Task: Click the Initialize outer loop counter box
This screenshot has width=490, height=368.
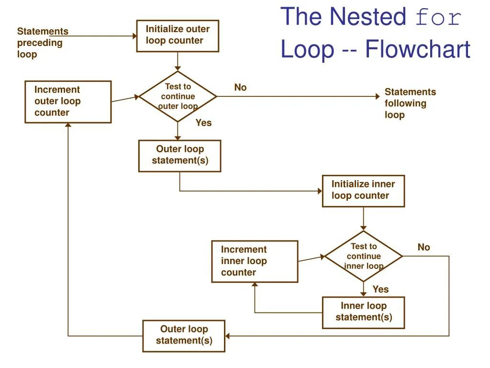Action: (178, 35)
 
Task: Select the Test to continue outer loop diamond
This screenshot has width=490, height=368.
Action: (178, 96)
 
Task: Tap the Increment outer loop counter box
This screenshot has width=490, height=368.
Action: (68, 102)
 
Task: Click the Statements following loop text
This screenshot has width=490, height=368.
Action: (410, 103)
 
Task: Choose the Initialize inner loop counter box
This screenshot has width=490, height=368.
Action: (363, 190)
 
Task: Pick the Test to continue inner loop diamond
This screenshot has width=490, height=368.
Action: (364, 256)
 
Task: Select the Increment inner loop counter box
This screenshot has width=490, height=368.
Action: (255, 261)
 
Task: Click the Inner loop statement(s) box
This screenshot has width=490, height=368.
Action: (363, 312)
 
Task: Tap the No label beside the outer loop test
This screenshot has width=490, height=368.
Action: (240, 87)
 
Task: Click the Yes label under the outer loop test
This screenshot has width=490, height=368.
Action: (203, 123)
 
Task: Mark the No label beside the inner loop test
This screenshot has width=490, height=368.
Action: (423, 247)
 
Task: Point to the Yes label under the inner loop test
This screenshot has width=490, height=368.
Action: (380, 289)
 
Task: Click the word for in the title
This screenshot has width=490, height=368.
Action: (438, 18)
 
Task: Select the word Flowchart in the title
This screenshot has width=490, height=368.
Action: (417, 49)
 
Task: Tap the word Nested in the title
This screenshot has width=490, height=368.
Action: (368, 17)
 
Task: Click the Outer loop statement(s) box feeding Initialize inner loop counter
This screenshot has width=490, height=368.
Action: (180, 155)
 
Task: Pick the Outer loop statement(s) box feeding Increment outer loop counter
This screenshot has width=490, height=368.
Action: (184, 335)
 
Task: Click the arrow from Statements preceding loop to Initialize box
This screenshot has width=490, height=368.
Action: (100, 35)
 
